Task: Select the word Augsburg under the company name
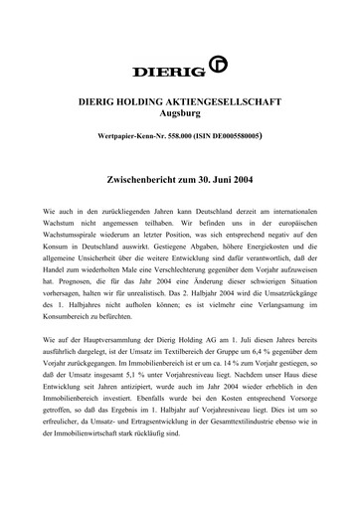179,116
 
